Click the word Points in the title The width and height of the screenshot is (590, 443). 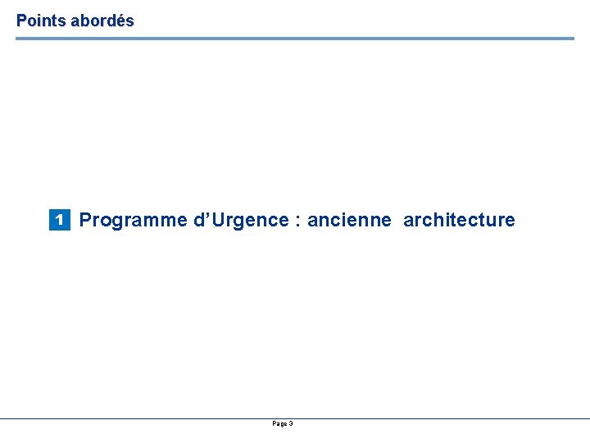[41, 21]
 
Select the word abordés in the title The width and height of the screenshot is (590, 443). [102, 21]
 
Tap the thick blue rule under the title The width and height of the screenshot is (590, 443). [295, 38]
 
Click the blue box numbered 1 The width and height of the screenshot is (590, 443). [59, 220]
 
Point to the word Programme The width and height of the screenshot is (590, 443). [133, 221]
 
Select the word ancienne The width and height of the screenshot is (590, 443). [349, 221]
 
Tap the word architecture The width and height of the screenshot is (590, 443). [459, 221]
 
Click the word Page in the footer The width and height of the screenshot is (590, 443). [279, 423]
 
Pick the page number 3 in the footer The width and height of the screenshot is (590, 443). [291, 423]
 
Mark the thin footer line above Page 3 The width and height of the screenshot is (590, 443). [295, 418]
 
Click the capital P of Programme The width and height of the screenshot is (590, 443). [85, 220]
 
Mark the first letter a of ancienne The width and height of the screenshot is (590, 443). [312, 221]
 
